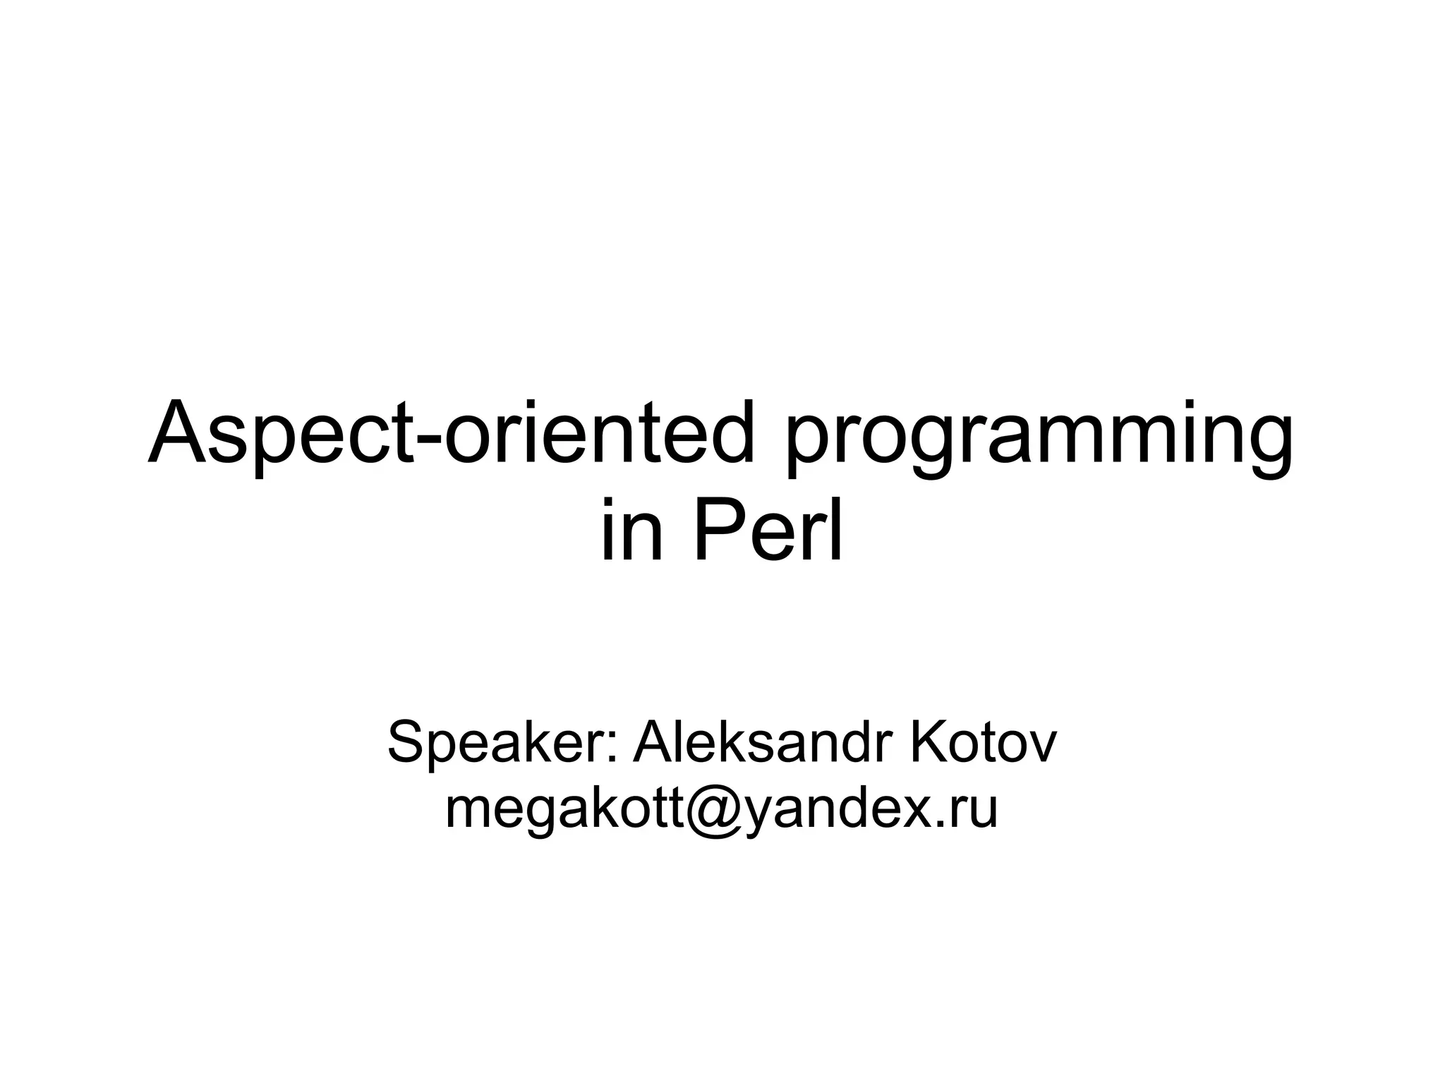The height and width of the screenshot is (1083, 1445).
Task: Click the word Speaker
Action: (497, 742)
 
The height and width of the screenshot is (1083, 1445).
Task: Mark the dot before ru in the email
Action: (943, 824)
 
